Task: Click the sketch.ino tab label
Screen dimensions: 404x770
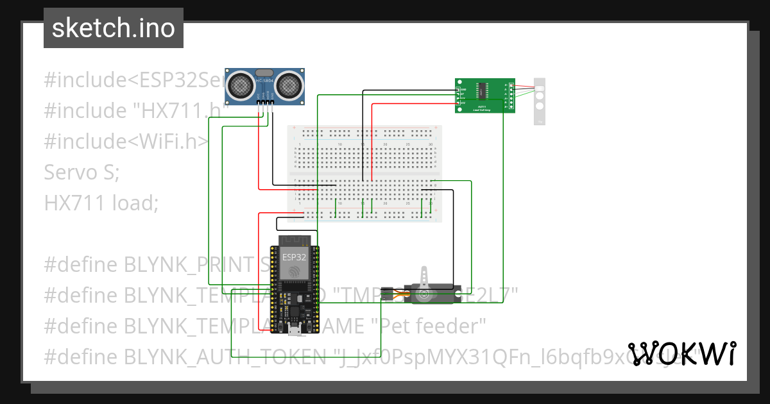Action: click(x=113, y=28)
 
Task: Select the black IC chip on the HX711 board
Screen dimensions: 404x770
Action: click(x=482, y=95)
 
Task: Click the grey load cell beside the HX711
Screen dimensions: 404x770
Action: click(x=540, y=101)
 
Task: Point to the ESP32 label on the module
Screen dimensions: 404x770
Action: click(x=295, y=257)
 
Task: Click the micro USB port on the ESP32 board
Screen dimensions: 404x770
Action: click(x=295, y=330)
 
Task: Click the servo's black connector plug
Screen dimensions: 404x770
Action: click(x=387, y=294)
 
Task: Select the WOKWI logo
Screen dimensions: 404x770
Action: click(x=682, y=353)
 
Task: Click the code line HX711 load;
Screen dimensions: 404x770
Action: click(x=101, y=203)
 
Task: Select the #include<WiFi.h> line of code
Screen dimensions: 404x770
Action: click(x=126, y=142)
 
